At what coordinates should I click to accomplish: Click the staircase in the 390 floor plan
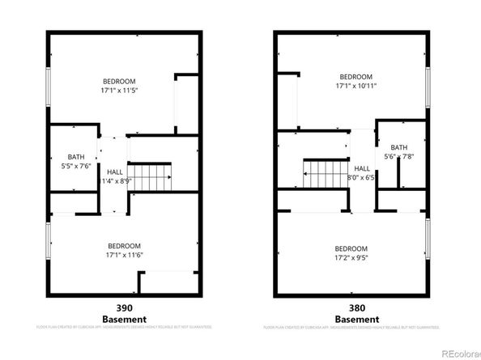click(x=152, y=174)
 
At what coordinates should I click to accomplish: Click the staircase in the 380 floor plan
click(x=322, y=172)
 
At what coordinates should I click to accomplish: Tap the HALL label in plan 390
click(x=115, y=172)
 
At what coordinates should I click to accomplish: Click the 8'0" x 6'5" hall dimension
click(x=361, y=177)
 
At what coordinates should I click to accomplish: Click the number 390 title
click(x=124, y=307)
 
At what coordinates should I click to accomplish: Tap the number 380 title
click(x=352, y=307)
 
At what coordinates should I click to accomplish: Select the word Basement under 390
click(x=124, y=318)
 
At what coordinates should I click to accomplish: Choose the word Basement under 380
click(x=352, y=318)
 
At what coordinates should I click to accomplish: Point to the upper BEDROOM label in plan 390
click(x=118, y=81)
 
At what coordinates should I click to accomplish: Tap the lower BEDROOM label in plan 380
click(x=352, y=248)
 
